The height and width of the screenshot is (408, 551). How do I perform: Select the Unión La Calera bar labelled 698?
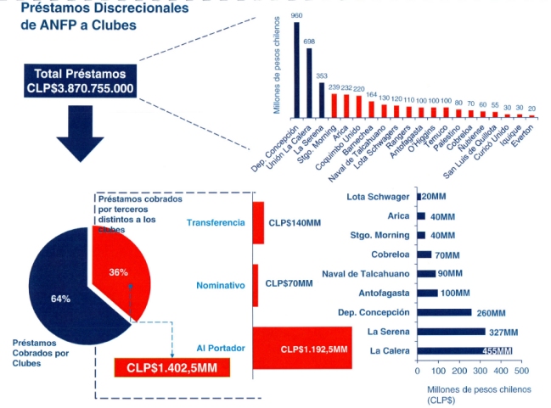coord(309,82)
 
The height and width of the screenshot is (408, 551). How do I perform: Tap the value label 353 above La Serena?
coord(322,76)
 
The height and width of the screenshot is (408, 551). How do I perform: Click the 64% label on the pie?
coord(60,299)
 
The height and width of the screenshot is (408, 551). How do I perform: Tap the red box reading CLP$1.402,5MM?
coord(171,367)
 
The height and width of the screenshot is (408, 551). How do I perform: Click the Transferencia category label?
coord(215,222)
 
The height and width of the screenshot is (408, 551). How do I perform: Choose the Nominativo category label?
coord(219,286)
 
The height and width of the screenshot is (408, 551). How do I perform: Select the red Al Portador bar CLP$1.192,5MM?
coord(302,348)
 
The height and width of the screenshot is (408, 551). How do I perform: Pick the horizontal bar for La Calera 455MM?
coord(464,350)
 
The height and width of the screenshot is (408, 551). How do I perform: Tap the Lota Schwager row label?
coord(380,197)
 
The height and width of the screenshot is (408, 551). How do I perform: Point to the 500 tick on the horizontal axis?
coord(520,372)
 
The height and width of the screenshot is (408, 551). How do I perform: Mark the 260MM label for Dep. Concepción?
coord(492,312)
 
